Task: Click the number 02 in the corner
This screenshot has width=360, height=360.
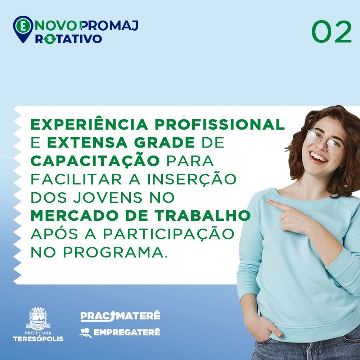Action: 332,32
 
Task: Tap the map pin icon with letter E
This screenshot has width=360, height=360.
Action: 23,29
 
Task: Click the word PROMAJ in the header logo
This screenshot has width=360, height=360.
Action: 109,26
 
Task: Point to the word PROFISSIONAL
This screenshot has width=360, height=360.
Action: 220,125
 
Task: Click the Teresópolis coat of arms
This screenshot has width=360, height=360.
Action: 38,318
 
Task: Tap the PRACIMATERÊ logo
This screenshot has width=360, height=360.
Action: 120,316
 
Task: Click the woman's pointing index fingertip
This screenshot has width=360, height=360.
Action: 268,201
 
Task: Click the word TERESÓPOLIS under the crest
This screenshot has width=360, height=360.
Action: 39,339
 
